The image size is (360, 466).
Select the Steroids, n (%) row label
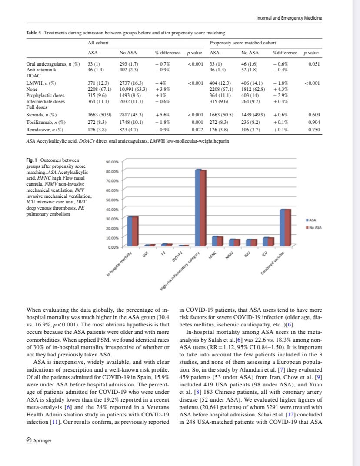(x=42, y=115)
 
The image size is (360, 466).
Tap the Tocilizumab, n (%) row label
(x=45, y=122)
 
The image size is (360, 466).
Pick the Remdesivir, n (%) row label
(x=45, y=129)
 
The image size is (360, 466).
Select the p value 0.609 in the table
(x=314, y=115)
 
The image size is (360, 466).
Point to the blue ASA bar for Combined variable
(x=282, y=228)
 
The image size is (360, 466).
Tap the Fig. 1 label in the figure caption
(x=32, y=160)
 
